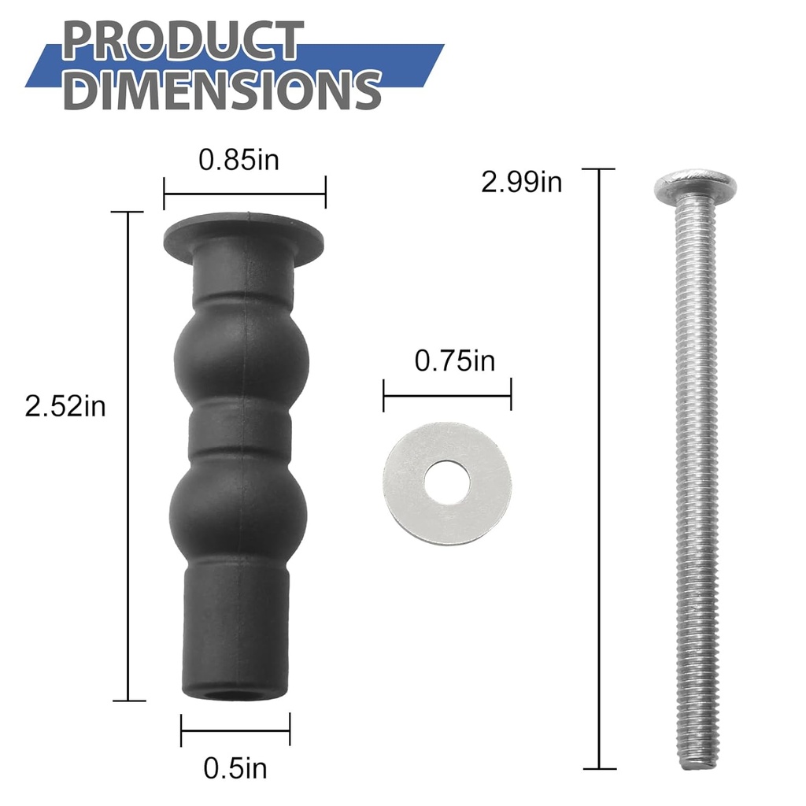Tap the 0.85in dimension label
(x=238, y=160)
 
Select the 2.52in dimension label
(x=65, y=407)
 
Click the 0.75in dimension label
(x=454, y=361)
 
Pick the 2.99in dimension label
(x=521, y=183)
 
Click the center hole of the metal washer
(x=447, y=483)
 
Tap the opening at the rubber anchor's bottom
(x=234, y=696)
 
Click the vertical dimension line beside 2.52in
(x=128, y=457)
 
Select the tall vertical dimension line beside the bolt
(x=600, y=468)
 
